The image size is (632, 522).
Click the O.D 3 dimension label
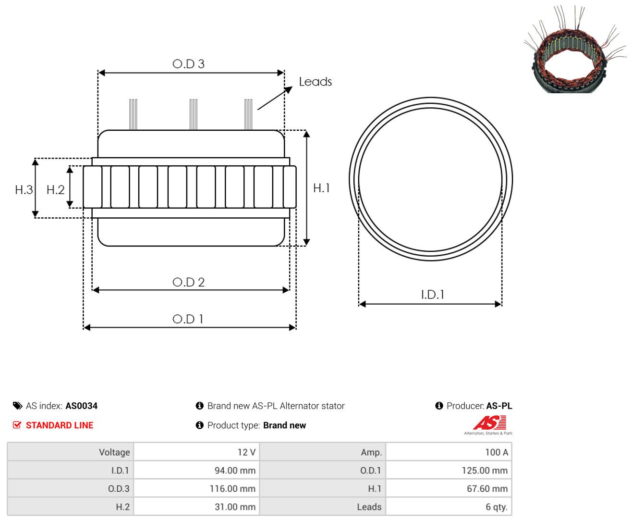click(x=188, y=64)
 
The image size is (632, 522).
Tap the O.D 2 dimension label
click(x=188, y=282)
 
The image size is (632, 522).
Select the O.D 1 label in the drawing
click(x=188, y=319)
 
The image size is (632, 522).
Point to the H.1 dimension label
click(x=321, y=188)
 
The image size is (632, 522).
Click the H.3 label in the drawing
click(x=24, y=190)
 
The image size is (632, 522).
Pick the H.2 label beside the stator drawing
click(x=55, y=190)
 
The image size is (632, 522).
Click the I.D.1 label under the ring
click(x=433, y=295)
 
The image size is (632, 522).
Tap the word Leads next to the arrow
click(x=316, y=82)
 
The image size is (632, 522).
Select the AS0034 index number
click(x=82, y=406)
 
